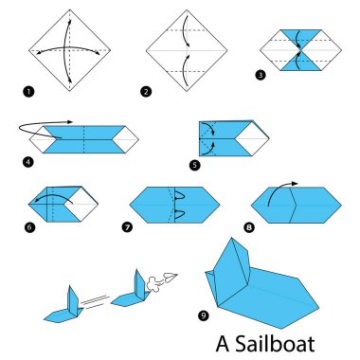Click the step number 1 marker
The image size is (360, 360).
pyautogui.click(x=28, y=91)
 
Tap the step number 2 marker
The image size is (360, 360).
pyautogui.click(x=145, y=91)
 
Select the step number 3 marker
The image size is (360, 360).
pyautogui.click(x=259, y=74)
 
